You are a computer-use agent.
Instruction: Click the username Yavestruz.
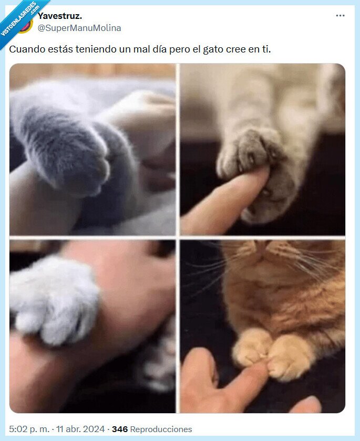(59, 16)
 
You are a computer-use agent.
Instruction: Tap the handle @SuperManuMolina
(79, 28)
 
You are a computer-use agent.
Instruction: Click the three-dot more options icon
(340, 16)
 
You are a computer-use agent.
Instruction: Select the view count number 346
(120, 429)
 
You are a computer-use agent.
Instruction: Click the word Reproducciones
(161, 429)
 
